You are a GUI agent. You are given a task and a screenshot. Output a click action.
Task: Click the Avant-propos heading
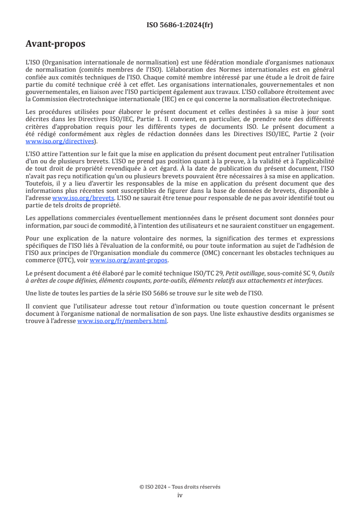[55, 44]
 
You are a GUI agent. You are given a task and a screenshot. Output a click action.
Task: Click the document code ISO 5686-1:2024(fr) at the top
[180, 25]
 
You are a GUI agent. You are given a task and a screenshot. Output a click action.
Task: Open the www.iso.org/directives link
[61, 142]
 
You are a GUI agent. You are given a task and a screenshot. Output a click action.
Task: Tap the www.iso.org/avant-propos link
[129, 260]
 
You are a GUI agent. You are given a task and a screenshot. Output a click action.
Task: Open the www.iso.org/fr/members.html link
[123, 321]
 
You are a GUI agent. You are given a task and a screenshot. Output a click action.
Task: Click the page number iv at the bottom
[180, 495]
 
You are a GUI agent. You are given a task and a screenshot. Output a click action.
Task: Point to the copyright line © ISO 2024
[180, 487]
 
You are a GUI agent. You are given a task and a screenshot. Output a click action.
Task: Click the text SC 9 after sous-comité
[303, 274]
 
